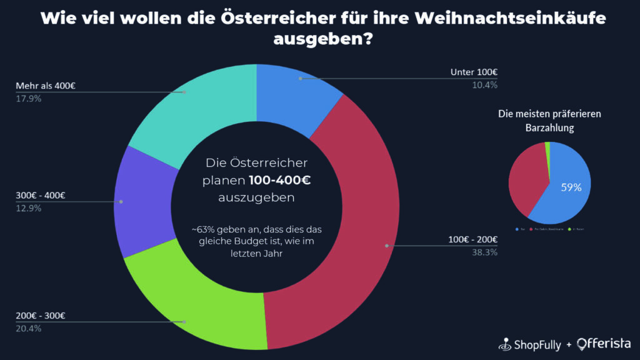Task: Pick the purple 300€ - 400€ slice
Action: pyautogui.click(x=141, y=200)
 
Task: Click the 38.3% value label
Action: pyautogui.click(x=484, y=253)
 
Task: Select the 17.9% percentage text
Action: pyautogui.click(x=29, y=98)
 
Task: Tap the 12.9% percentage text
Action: pyautogui.click(x=29, y=208)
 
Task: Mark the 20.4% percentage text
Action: pyautogui.click(x=29, y=328)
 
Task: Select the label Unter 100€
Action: pyautogui.click(x=474, y=72)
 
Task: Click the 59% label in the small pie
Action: pyautogui.click(x=571, y=187)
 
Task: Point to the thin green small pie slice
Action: pyautogui.click(x=547, y=146)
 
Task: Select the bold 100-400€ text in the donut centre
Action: pyautogui.click(x=279, y=180)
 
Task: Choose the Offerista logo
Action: pyautogui.click(x=603, y=344)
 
